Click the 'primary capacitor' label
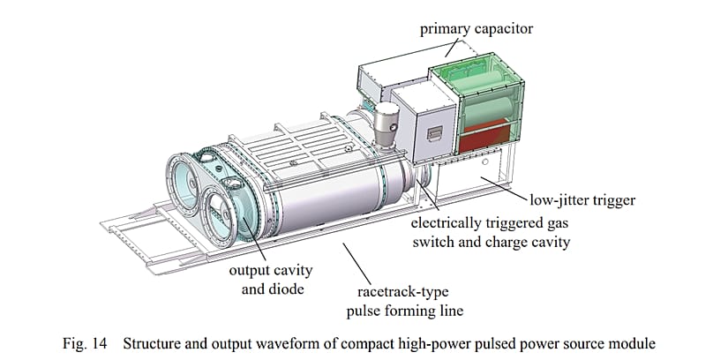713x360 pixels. (477, 29)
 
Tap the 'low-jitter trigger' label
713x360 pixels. (582, 199)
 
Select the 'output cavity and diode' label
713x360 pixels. (271, 280)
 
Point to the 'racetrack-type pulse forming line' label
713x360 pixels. (405, 302)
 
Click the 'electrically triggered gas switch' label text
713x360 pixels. (491, 232)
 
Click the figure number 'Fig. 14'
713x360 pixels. (85, 343)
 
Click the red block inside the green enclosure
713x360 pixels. (485, 137)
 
